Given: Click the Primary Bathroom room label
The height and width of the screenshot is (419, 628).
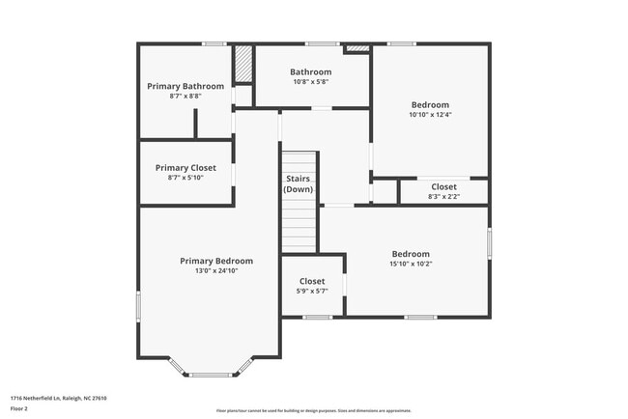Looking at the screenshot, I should coord(186,86).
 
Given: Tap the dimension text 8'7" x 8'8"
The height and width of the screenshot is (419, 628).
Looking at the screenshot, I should coord(186,97).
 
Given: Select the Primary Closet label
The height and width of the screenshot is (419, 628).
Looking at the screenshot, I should coord(186,168).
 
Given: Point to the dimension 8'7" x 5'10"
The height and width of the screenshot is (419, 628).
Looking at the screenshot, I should coord(186,179).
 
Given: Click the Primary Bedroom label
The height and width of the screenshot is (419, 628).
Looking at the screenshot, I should coord(216,261).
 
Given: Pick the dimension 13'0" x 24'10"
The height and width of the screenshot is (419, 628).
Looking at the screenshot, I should coord(216,271).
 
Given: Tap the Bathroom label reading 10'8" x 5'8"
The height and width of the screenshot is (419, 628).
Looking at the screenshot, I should coord(310,71).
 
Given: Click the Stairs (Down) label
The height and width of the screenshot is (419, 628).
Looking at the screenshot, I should coord(299,183).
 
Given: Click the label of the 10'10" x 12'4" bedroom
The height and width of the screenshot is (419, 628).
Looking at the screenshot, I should coord(430,104).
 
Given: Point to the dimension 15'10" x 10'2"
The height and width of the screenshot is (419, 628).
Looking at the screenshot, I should coord(411,264).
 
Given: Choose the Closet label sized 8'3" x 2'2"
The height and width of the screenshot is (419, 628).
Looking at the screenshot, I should coord(443,186).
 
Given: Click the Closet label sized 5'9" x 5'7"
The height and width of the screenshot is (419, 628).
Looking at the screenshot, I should coord(311,281).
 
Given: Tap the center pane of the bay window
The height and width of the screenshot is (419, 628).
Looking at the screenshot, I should coord(211,375).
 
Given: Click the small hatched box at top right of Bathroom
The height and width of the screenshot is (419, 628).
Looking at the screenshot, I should coord(357,47).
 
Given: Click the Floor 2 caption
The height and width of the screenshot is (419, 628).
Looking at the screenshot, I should coord(19,408).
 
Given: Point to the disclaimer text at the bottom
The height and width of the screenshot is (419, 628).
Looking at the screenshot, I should coord(313,409).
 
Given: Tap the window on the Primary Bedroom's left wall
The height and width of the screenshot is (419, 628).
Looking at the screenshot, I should coord(138,307).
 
